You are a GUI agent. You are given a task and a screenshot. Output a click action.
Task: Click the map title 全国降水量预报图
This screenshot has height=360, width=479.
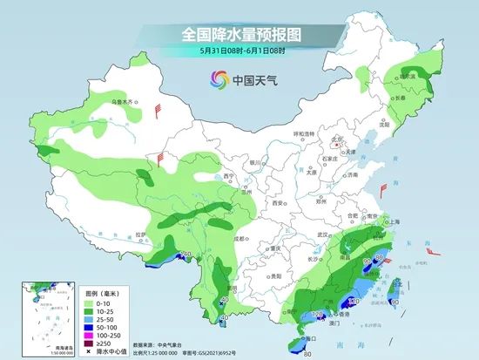point(239,36)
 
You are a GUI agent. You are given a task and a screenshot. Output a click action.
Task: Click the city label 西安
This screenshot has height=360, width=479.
point(277,202)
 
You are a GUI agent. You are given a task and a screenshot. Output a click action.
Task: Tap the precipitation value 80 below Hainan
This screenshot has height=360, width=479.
point(307,353)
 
